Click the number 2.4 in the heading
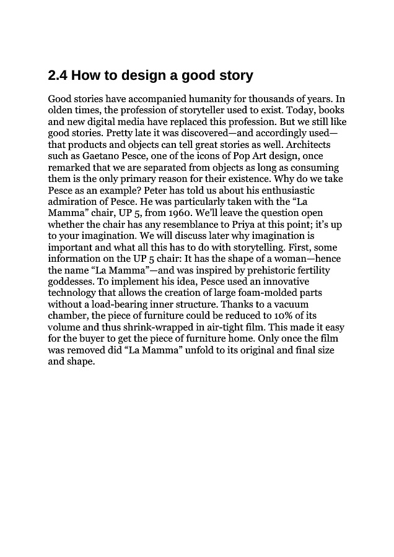coord(58,76)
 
